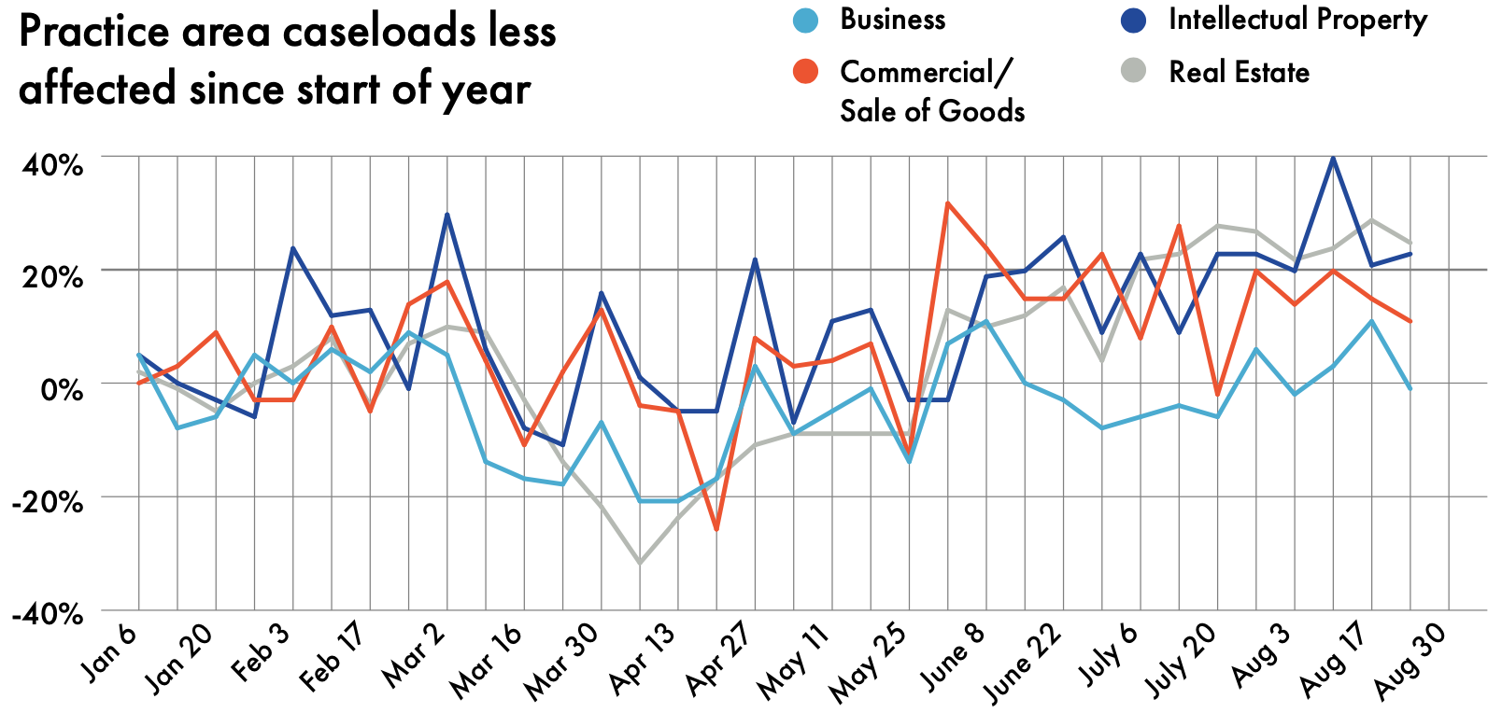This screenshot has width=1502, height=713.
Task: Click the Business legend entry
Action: click(x=892, y=20)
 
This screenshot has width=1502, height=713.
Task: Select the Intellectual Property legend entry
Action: click(x=1297, y=20)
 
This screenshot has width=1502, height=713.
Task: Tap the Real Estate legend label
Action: click(x=1239, y=72)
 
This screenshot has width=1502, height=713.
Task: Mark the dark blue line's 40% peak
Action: click(x=1333, y=158)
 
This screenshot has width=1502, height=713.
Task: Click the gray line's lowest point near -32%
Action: click(x=640, y=563)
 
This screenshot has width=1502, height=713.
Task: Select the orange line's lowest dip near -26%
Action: click(x=716, y=530)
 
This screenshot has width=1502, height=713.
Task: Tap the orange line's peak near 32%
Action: click(x=947, y=203)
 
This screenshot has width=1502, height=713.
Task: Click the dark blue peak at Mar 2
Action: click(x=447, y=214)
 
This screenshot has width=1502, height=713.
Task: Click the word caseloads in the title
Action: click(x=361, y=33)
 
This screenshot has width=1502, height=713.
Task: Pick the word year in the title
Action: click(x=489, y=90)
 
